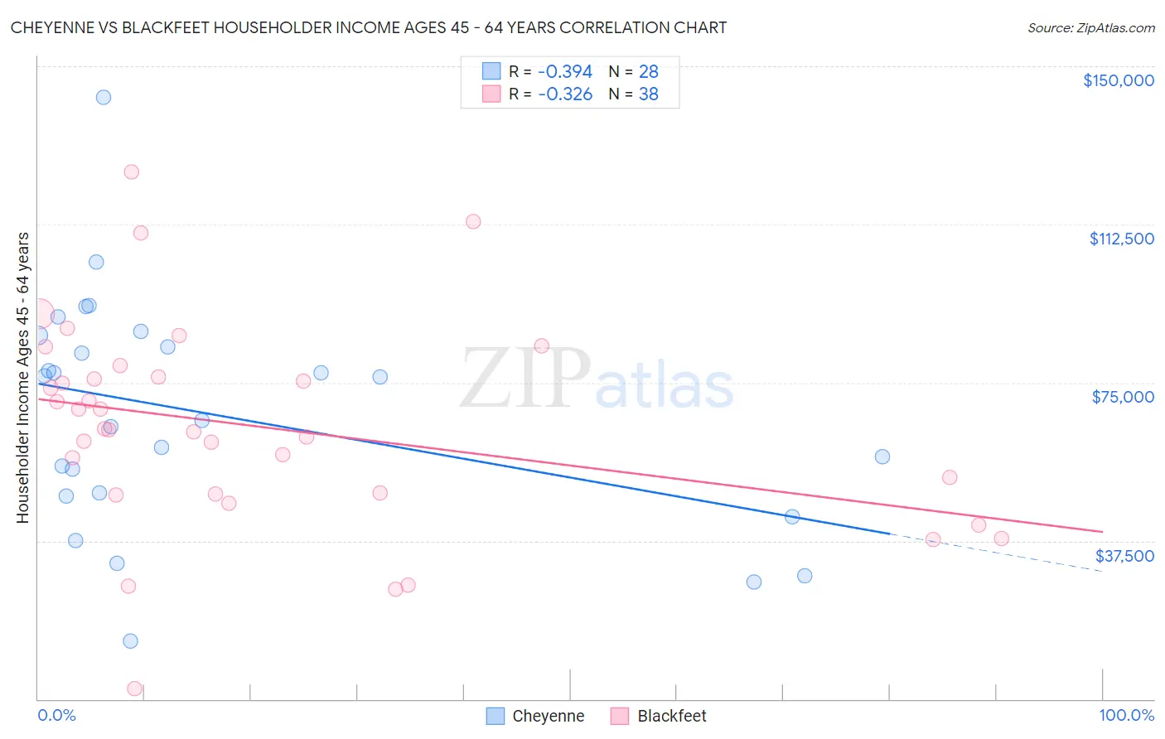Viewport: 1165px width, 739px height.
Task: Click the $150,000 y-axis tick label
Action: pos(1118,80)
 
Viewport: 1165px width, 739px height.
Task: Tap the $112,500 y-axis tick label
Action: pos(1121,239)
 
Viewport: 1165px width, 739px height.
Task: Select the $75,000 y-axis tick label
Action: pos(1123,397)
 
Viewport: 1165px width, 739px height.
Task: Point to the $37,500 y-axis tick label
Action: pos(1124,556)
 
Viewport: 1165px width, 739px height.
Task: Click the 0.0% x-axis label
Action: pos(56,716)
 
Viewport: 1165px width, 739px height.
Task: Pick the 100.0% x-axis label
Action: pos(1126,716)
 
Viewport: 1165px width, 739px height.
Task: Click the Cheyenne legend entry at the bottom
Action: pos(547,717)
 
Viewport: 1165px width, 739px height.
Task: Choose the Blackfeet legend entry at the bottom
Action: pos(671,717)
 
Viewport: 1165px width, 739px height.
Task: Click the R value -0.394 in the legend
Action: pos(565,72)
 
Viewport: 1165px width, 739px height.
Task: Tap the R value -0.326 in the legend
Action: pos(565,94)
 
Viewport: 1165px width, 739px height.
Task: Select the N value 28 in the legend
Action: pos(648,72)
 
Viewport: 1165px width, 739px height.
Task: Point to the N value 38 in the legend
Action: pos(648,94)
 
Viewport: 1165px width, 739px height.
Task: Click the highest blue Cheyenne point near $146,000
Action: pos(104,97)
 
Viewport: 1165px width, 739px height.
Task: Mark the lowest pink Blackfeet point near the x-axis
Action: pos(134,688)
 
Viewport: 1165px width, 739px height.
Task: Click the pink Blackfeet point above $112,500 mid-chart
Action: pos(473,221)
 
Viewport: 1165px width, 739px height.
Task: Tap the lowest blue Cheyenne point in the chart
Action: pos(130,641)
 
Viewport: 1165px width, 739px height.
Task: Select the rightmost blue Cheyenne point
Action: pos(882,456)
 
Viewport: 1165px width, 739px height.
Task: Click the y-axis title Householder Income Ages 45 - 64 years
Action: pos(23,378)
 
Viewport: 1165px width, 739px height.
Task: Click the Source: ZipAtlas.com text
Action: pos(1090,28)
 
